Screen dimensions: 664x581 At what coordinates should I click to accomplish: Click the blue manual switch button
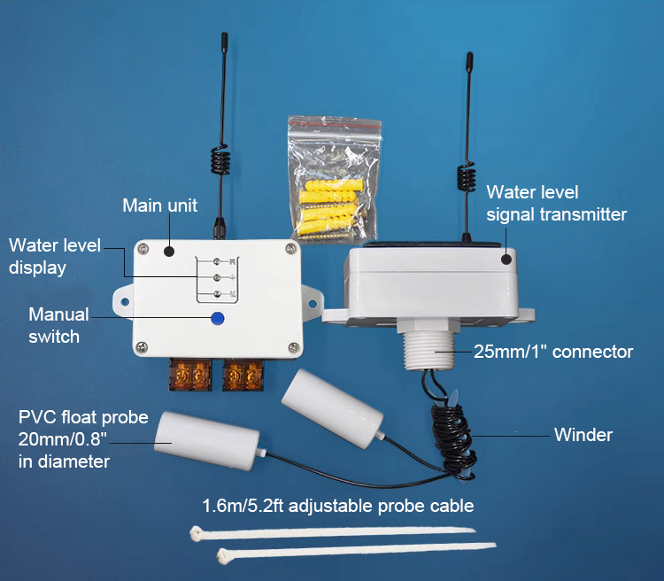click(x=218, y=318)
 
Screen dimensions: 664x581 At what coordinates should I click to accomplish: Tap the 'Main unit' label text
click(x=159, y=205)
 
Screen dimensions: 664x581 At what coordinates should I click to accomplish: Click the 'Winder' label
click(x=583, y=435)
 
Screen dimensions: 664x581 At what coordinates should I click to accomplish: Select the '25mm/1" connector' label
click(x=553, y=352)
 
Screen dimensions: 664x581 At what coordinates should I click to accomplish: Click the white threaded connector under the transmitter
click(x=429, y=345)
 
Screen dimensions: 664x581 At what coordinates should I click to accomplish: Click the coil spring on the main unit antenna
click(x=220, y=160)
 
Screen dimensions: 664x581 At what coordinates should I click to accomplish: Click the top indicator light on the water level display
click(x=217, y=261)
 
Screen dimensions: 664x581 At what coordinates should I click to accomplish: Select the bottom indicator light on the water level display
click(x=217, y=294)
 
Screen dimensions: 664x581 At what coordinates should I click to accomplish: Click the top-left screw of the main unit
click(x=144, y=249)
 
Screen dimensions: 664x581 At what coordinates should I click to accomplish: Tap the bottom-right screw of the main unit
click(x=293, y=348)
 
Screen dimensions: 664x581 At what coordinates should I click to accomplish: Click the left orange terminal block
click(x=190, y=375)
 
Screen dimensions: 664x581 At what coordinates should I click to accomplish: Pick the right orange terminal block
click(x=243, y=375)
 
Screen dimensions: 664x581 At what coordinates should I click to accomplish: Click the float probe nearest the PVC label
click(x=206, y=440)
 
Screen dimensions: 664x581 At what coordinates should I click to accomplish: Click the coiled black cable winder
click(x=453, y=441)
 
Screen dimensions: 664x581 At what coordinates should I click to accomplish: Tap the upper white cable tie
click(x=333, y=532)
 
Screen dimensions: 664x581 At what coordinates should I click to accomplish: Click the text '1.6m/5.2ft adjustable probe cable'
click(x=338, y=506)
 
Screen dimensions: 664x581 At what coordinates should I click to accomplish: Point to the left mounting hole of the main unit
click(x=125, y=302)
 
